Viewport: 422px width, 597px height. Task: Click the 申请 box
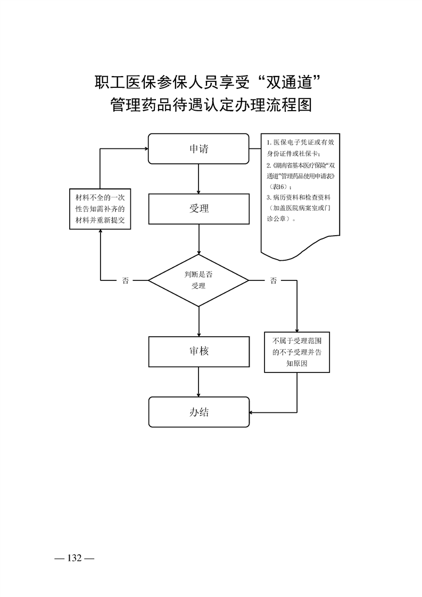click(198, 148)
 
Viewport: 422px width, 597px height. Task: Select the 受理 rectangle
click(198, 209)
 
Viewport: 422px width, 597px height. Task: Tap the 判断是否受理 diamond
click(198, 280)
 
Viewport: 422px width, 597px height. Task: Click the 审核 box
click(198, 351)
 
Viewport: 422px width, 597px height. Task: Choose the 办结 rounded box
click(198, 412)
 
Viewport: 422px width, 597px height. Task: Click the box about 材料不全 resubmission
click(101, 209)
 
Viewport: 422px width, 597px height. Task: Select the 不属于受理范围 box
click(297, 352)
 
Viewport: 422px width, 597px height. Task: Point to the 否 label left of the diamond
click(126, 280)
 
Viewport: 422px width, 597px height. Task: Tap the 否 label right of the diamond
click(273, 280)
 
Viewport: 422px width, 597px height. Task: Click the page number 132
click(74, 558)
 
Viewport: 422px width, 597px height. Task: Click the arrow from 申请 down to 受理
click(198, 179)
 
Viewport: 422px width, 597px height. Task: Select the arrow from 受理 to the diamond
click(198, 239)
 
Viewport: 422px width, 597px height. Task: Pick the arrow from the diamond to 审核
click(198, 321)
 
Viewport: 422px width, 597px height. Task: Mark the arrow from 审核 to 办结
click(198, 382)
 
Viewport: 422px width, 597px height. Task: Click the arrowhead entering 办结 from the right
click(252, 412)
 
